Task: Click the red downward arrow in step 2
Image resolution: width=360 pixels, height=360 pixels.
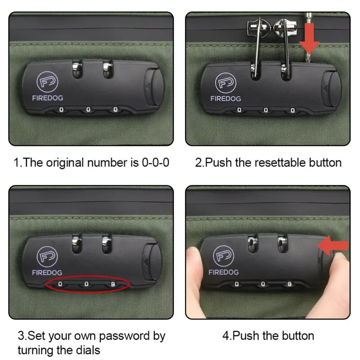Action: (x=309, y=39)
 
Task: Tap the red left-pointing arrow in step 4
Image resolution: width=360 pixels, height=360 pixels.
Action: (x=333, y=245)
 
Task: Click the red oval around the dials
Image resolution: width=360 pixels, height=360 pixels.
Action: (x=88, y=276)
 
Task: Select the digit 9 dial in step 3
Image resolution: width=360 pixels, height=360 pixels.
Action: (x=113, y=284)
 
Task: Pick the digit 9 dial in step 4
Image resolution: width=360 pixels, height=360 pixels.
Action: (x=289, y=284)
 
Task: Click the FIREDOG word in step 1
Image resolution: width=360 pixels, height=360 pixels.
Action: (x=48, y=98)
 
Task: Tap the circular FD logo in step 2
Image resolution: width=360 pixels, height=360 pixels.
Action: (x=226, y=83)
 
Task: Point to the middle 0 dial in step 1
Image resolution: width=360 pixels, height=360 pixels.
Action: (x=88, y=110)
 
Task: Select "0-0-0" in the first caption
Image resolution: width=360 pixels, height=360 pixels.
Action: (x=155, y=162)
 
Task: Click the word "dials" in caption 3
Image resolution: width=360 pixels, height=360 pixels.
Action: (x=88, y=351)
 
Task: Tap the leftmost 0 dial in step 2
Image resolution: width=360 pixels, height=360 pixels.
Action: (x=239, y=110)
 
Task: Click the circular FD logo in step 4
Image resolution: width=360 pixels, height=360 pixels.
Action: (x=223, y=256)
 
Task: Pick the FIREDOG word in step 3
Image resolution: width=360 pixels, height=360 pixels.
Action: (x=47, y=273)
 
